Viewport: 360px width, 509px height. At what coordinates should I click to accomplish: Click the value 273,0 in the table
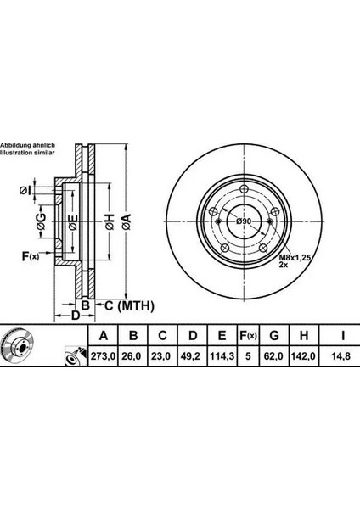tap(103, 356)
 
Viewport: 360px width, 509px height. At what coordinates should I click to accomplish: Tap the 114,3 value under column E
tap(222, 356)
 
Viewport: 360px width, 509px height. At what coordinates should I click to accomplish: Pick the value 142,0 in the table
tap(303, 356)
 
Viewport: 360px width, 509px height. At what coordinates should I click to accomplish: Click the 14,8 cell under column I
tap(342, 356)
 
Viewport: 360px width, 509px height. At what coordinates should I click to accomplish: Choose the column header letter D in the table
tap(193, 336)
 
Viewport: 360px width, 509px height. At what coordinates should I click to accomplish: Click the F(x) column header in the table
tap(248, 336)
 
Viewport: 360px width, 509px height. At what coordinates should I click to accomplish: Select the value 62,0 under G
tap(274, 356)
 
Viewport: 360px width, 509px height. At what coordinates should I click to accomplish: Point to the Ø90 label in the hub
tap(244, 221)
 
